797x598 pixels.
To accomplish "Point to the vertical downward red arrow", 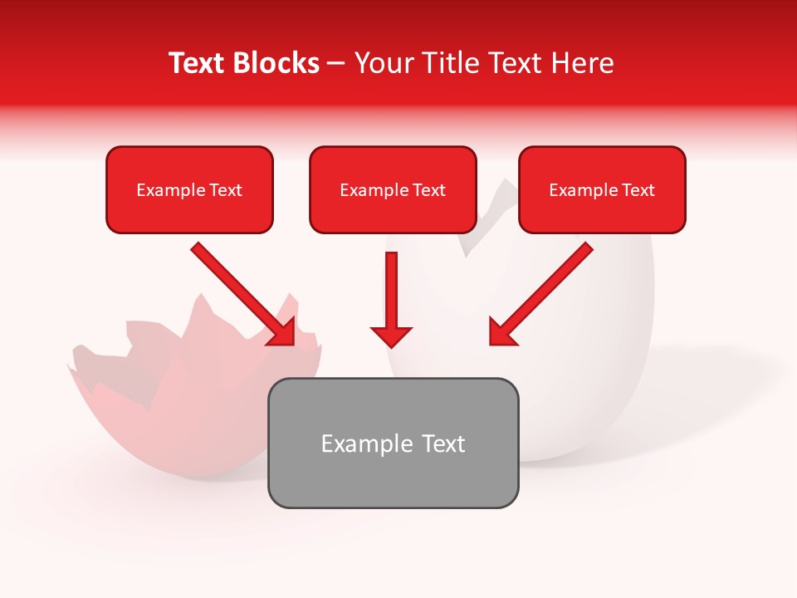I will tap(391, 291).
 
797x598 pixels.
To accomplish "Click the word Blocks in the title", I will tap(277, 63).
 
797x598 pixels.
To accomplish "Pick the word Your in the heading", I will tap(381, 63).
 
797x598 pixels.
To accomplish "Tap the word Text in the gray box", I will tap(443, 444).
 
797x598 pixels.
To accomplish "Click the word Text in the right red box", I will tap(638, 190).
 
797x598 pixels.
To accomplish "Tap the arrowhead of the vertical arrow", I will tap(391, 336).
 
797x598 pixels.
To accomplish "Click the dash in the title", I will tap(336, 64).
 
